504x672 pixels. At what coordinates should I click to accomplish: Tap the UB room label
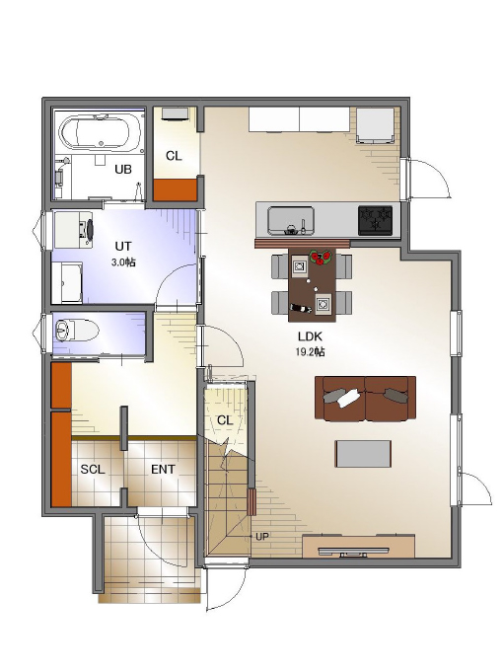[x=123, y=170]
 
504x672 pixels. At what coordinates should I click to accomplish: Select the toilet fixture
[x=77, y=330]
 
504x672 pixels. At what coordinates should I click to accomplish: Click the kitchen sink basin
[x=291, y=220]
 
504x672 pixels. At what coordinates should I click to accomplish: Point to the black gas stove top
[x=375, y=220]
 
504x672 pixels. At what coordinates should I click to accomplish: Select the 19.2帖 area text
[x=310, y=352]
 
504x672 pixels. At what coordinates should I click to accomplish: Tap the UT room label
[x=123, y=247]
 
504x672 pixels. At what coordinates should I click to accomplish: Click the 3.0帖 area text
[x=123, y=262]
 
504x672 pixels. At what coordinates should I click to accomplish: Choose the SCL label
[x=93, y=470]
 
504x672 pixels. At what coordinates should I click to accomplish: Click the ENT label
[x=163, y=470]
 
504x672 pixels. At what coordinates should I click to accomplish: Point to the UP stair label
[x=262, y=536]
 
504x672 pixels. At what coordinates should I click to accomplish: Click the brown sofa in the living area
[x=365, y=399]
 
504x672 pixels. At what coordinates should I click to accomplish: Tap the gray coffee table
[x=363, y=454]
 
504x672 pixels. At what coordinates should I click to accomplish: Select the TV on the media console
[x=354, y=552]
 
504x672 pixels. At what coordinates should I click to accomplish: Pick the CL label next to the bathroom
[x=174, y=157]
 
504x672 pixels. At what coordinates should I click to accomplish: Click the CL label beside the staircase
[x=224, y=420]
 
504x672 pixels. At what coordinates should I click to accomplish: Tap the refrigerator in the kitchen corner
[x=376, y=125]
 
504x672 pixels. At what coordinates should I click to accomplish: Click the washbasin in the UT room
[x=74, y=229]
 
